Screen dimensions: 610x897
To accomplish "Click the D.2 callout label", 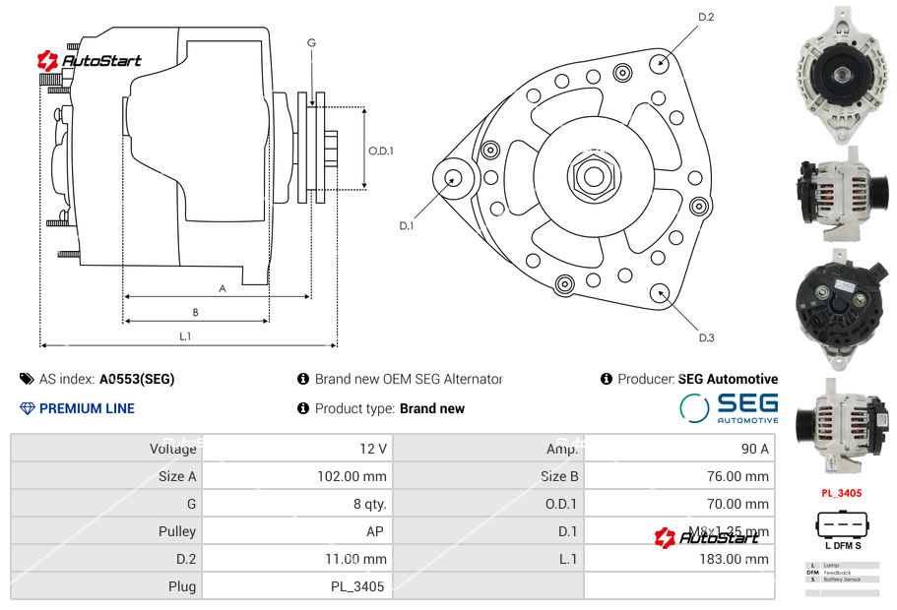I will [706, 18].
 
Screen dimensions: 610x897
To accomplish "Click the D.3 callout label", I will [706, 337].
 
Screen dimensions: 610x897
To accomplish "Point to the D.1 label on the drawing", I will [407, 225].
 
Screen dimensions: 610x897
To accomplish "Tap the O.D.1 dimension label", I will [381, 151].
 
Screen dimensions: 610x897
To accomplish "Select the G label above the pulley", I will [311, 42].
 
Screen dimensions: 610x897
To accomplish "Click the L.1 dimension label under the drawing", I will [185, 336].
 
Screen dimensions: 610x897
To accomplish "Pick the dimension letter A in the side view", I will [223, 288].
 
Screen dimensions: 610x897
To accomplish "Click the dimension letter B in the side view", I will [196, 313].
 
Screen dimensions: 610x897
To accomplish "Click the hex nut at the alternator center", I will [592, 177].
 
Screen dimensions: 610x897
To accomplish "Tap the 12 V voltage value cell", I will [373, 449].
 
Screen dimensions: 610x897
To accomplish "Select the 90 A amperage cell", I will [754, 449].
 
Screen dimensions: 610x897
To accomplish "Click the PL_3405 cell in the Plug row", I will [357, 586].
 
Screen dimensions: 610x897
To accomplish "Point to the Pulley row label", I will [177, 531].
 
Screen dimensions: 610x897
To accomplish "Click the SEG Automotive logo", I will [729, 407].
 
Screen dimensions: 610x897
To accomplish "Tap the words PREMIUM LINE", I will [87, 408].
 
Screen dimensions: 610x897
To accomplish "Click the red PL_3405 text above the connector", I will [842, 493].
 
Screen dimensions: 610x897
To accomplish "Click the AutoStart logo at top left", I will [90, 61].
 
